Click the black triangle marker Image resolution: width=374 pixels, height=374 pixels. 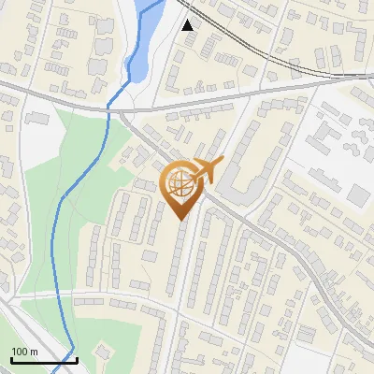188,24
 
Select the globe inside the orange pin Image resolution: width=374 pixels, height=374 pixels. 181,185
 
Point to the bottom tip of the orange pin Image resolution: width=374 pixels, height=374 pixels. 181,221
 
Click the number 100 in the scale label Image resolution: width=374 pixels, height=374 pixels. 20,352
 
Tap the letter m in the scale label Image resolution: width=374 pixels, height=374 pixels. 34,352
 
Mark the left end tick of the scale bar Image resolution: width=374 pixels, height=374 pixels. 11,358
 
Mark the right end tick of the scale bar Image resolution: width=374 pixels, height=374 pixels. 77,358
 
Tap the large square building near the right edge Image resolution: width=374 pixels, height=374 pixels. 360,195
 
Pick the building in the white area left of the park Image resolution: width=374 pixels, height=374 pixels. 37,119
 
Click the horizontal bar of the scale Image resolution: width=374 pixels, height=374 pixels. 44,360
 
